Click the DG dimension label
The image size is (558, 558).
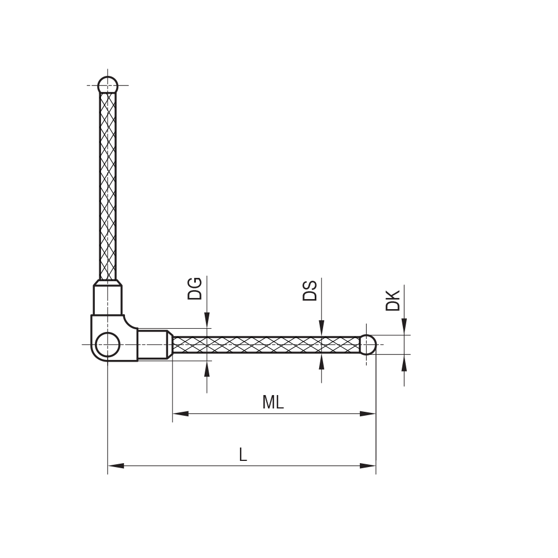[195, 288]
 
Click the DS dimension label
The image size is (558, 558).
[310, 291]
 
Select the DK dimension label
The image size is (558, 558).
[393, 300]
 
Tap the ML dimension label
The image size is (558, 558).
[273, 402]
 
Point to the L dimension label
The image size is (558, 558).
[243, 455]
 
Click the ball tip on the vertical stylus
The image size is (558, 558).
[108, 85]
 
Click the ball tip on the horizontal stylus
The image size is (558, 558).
[367, 344]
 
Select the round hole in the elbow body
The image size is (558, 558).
[108, 345]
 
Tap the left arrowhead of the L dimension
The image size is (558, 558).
[116, 465]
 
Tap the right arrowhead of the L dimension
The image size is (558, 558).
[368, 465]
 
